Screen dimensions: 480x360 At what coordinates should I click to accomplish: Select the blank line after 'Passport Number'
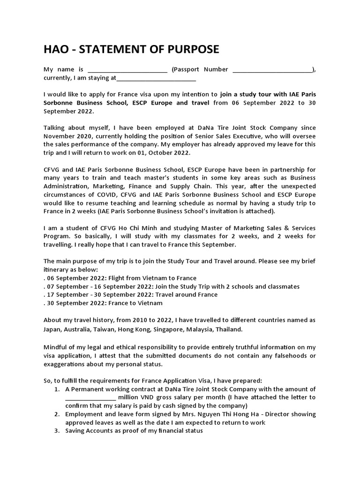click(x=272, y=70)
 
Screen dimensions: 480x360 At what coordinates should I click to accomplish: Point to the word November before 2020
click(x=59, y=136)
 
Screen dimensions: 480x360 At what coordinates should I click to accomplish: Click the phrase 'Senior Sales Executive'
click(x=207, y=136)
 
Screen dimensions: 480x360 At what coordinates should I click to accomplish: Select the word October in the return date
click(x=166, y=152)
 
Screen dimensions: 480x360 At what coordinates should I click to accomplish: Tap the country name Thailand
click(x=229, y=329)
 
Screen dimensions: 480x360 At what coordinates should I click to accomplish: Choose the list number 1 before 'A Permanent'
click(x=57, y=389)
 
